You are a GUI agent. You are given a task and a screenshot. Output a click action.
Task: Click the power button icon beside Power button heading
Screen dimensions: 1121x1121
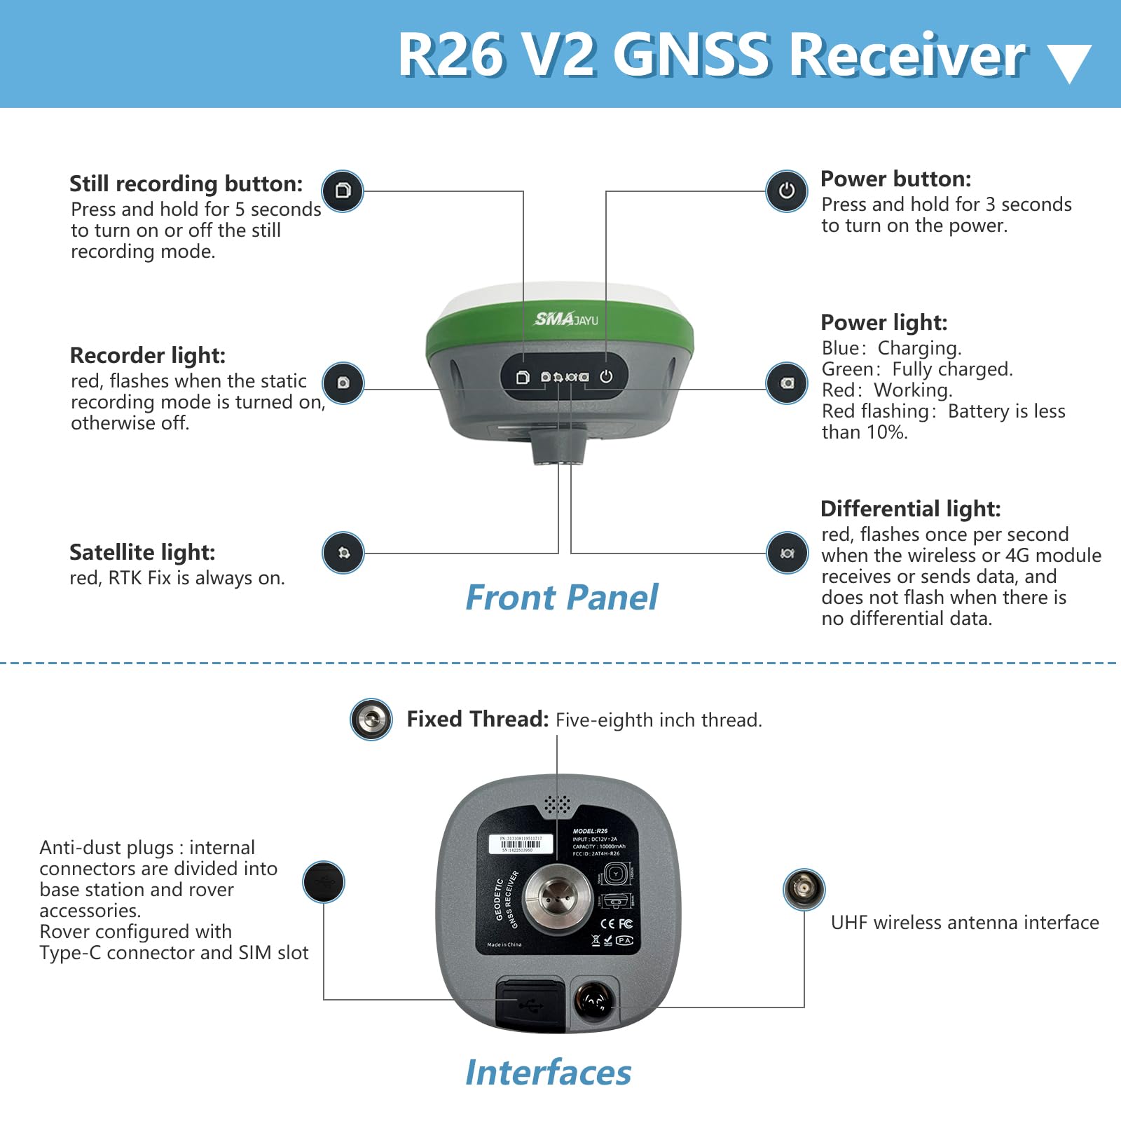(x=786, y=191)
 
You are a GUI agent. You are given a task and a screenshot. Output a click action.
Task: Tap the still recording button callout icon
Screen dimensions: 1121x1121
(x=342, y=191)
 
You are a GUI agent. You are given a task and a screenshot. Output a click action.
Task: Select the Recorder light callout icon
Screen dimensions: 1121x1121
(x=343, y=383)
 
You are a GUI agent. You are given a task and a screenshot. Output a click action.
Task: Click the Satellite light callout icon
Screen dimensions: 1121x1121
(x=343, y=553)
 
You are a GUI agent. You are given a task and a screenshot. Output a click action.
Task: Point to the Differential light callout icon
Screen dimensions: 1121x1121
(x=787, y=553)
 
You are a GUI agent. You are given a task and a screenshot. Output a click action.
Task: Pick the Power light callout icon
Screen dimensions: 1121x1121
(x=787, y=383)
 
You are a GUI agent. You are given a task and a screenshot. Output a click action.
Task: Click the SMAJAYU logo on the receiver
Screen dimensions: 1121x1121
(x=566, y=319)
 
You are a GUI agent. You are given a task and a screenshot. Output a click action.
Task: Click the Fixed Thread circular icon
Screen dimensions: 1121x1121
(x=371, y=719)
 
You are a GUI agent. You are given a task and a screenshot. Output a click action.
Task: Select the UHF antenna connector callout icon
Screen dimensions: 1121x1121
(x=804, y=889)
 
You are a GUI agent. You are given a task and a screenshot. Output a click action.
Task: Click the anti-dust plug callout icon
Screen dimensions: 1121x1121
(x=323, y=882)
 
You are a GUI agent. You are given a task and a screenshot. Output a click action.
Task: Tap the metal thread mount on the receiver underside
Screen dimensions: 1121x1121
(x=558, y=899)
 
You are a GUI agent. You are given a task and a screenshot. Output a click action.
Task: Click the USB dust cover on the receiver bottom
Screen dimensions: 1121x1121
(x=530, y=1005)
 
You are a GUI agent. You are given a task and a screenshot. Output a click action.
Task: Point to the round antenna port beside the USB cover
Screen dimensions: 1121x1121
(x=594, y=1000)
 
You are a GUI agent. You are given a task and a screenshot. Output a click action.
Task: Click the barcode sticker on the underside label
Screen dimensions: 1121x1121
(x=521, y=844)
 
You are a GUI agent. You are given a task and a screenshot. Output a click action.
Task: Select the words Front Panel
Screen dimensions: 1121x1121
(x=561, y=598)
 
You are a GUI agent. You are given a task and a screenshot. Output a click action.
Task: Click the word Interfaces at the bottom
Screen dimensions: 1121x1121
(x=548, y=1073)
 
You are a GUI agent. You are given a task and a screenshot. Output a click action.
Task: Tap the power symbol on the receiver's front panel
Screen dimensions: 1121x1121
(x=606, y=377)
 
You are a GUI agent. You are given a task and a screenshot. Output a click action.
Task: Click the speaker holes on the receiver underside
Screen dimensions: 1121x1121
(x=558, y=805)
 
